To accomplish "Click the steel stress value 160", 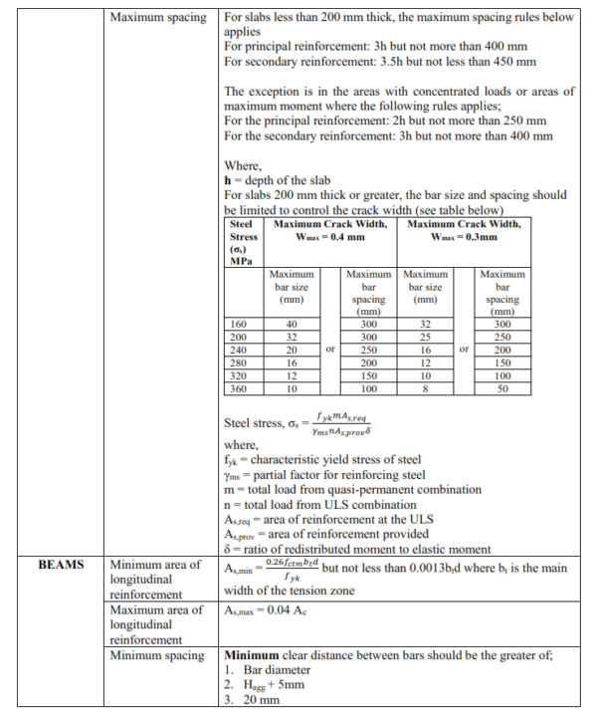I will click(239, 325).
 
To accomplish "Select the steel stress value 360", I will click(239, 389).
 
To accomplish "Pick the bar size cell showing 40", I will click(292, 325).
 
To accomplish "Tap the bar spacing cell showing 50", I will click(502, 389).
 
